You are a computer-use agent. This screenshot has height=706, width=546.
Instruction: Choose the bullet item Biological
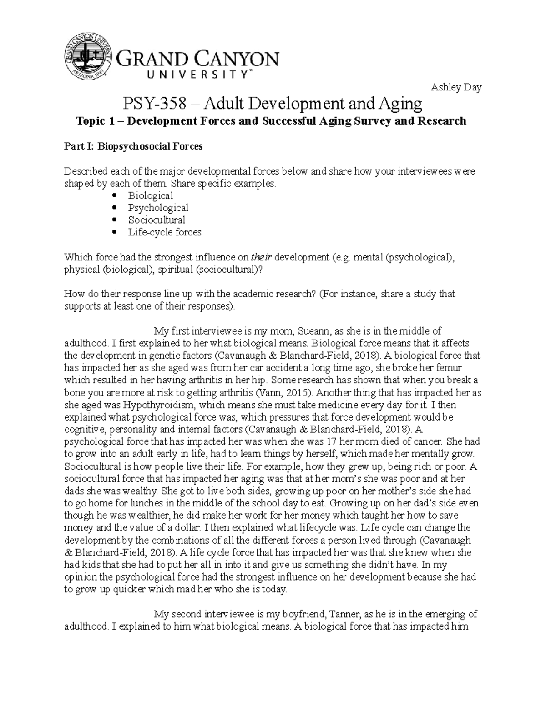150,196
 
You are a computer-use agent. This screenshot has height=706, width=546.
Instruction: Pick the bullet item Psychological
158,208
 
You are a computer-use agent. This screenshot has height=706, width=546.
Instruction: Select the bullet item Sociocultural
157,220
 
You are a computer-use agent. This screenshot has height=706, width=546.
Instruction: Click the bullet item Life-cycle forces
164,233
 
